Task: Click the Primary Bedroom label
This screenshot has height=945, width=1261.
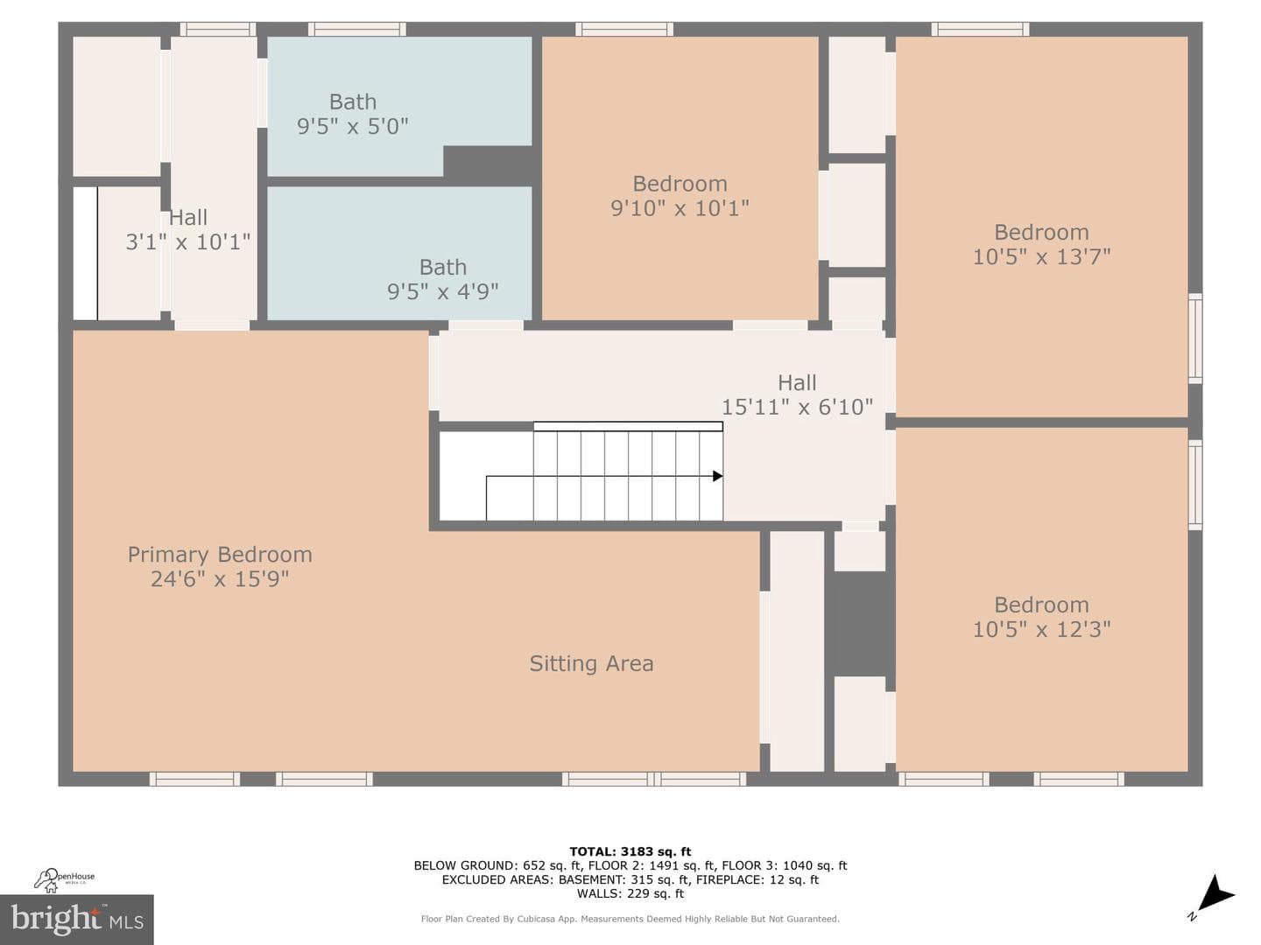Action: click(x=220, y=554)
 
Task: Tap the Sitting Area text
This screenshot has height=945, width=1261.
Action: click(x=591, y=663)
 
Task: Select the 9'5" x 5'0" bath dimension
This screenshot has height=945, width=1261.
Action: click(x=353, y=126)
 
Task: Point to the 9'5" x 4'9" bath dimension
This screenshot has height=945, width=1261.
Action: click(x=443, y=291)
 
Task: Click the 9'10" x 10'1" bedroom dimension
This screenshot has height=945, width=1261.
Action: click(x=680, y=207)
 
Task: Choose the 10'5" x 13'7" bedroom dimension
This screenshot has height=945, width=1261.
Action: click(x=1041, y=256)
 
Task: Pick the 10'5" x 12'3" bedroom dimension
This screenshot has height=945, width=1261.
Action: click(x=1041, y=629)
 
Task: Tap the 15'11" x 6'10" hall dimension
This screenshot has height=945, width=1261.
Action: click(x=797, y=407)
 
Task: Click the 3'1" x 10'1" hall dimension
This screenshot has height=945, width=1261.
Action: click(x=188, y=242)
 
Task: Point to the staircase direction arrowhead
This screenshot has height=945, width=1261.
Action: click(x=717, y=476)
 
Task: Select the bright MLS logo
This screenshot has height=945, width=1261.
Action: click(x=77, y=919)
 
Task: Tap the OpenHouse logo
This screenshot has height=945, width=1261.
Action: click(x=64, y=879)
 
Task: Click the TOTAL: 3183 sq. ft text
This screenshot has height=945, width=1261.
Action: click(x=630, y=851)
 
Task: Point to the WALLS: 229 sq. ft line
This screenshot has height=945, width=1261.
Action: click(x=630, y=893)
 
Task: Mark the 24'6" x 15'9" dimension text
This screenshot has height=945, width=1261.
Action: click(x=220, y=579)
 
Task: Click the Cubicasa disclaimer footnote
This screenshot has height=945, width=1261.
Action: click(x=630, y=919)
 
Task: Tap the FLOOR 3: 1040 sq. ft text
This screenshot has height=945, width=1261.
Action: click(x=784, y=865)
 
